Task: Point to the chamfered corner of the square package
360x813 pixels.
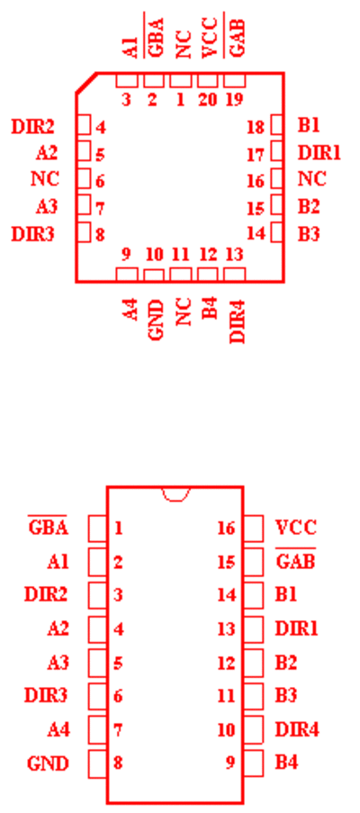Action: tap(86, 83)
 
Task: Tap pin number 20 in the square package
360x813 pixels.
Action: tap(207, 99)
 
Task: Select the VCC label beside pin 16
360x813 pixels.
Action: tap(295, 528)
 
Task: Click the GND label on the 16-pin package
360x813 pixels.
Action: tap(48, 763)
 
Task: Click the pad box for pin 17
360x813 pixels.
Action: tap(277, 152)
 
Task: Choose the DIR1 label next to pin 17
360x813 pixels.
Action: tap(319, 153)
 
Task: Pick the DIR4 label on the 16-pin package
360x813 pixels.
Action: tap(297, 729)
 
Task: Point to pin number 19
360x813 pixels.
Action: tap(234, 99)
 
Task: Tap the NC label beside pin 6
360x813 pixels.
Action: tap(45, 179)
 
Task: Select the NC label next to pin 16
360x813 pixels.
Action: tap(311, 179)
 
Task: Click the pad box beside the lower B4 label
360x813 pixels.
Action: tap(253, 763)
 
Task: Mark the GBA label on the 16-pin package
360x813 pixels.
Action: tap(48, 528)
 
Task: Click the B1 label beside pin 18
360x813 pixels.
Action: tap(309, 126)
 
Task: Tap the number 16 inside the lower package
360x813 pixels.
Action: tap(227, 528)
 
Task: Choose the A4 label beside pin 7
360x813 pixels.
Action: tap(58, 729)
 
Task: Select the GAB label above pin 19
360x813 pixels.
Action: tap(235, 36)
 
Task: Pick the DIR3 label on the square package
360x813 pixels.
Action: tap(32, 234)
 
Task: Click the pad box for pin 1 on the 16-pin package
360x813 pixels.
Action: tap(98, 528)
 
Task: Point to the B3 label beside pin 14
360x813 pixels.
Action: tap(309, 234)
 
